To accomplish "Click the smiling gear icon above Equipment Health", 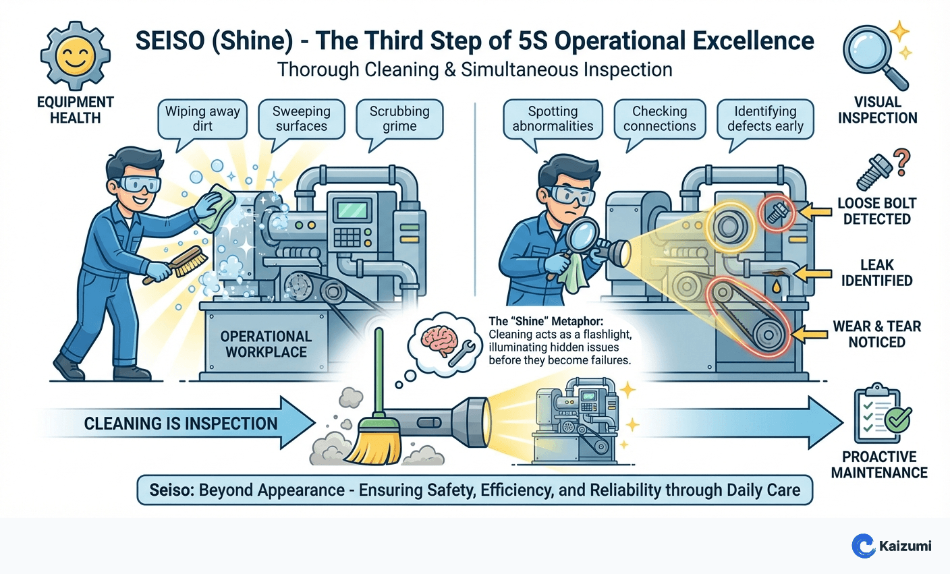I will (75, 57).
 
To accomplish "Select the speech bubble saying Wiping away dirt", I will (202, 119).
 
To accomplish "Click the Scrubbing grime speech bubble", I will (399, 119).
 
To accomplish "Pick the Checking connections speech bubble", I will (659, 119).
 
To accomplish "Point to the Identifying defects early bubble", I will (765, 119).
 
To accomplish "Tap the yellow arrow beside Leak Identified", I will (812, 273).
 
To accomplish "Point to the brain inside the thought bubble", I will (435, 337).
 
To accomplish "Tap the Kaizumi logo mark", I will (863, 545).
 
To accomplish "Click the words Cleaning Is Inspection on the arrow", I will (180, 424).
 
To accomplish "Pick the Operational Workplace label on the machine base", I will (266, 344).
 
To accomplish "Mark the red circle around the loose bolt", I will (775, 212).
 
